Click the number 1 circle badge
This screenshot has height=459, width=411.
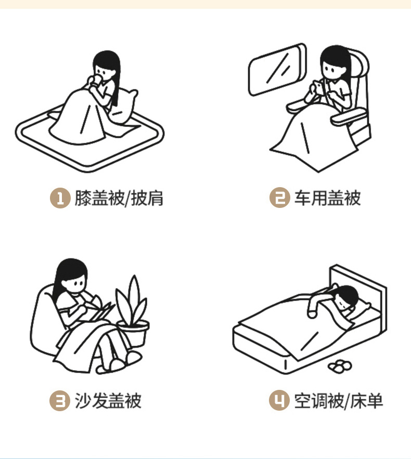(x=60, y=198)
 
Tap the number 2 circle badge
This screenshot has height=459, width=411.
(x=280, y=198)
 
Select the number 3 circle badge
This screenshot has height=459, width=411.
(x=60, y=401)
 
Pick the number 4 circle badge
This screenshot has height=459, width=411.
(x=279, y=400)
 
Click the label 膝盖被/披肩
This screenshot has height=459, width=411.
(x=119, y=198)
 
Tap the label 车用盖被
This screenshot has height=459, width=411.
(x=328, y=198)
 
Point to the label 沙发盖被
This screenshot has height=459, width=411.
(x=108, y=400)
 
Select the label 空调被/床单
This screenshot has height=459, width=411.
(x=339, y=400)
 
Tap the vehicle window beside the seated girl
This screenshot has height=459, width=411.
(x=277, y=70)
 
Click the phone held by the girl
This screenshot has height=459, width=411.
(x=318, y=88)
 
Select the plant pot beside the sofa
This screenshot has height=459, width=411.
(x=133, y=333)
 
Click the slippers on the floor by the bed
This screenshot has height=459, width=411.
(x=340, y=366)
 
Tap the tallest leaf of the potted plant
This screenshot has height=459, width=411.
(x=134, y=296)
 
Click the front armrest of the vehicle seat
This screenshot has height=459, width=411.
(x=349, y=116)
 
